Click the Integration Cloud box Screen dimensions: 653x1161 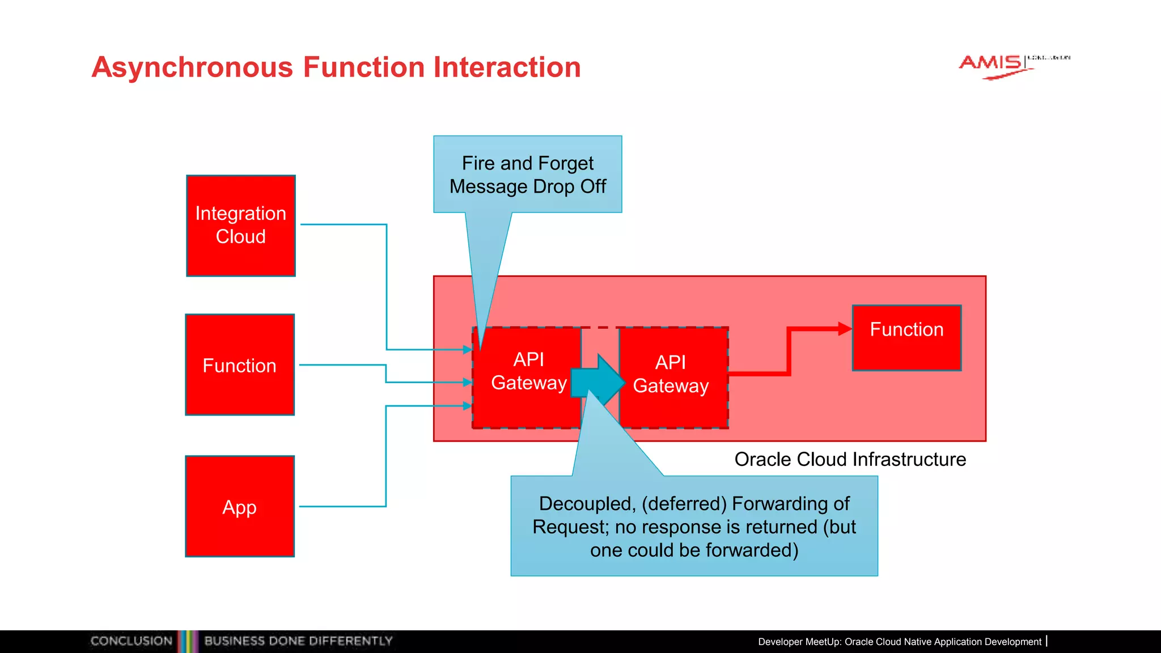241,226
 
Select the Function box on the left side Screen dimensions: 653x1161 240,365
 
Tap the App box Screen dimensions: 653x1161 240,506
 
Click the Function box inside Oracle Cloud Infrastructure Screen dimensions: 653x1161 906,338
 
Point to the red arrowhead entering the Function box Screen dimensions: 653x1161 845,329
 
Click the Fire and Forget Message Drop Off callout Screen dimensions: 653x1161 527,175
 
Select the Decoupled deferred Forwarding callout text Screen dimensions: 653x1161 694,527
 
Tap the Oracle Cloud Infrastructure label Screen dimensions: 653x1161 850,459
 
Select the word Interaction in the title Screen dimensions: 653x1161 507,67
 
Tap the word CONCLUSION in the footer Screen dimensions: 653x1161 132,641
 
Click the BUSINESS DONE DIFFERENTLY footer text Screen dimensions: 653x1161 298,641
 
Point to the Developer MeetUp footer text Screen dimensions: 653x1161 900,642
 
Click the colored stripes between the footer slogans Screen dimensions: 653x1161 188,641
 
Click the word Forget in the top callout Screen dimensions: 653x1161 565,163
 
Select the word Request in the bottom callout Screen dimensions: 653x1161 570,527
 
